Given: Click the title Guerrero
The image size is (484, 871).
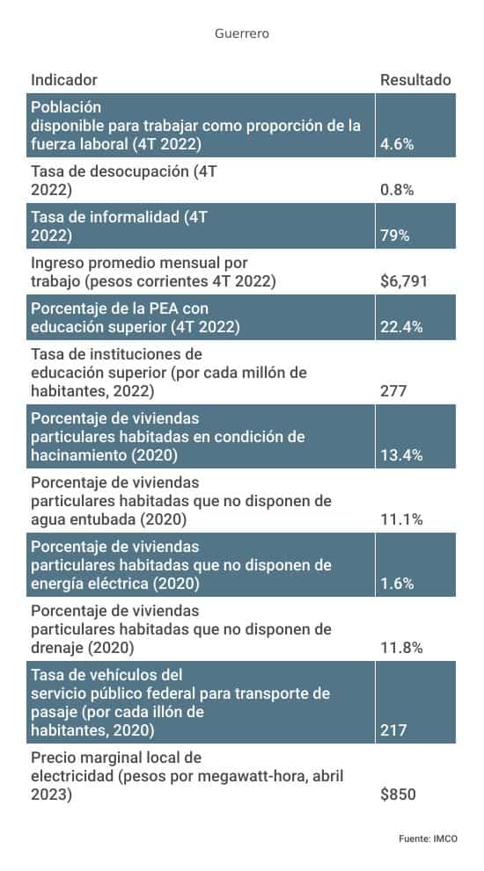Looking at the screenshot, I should pos(241,33).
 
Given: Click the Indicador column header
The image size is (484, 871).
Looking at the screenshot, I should pos(63,80).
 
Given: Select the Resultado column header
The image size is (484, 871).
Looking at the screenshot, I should pos(415,80).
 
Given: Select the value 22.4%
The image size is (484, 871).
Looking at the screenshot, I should pos(401,327).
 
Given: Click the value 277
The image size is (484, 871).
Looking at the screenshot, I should pos(392,391).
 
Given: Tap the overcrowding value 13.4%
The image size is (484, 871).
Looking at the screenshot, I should pos(401,455).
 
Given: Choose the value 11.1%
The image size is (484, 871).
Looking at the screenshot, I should pos(401,519).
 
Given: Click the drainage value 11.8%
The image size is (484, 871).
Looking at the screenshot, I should pos(401,648).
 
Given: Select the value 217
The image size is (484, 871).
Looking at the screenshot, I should pos(392,730).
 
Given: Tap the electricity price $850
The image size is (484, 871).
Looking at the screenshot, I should pos(398,795).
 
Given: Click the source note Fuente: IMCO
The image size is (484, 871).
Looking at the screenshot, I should pos(428,839).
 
